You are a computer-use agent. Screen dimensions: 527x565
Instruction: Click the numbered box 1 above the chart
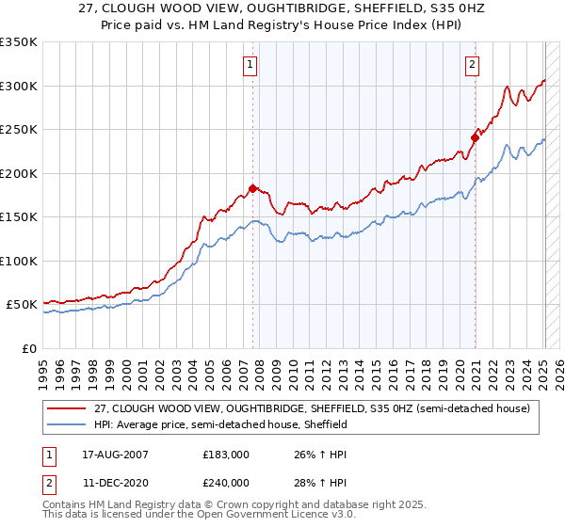(250, 65)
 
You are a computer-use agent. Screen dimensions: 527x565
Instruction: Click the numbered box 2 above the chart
(471, 65)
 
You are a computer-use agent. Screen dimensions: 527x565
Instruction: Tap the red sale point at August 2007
(252, 188)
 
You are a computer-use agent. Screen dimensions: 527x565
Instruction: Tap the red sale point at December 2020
(475, 138)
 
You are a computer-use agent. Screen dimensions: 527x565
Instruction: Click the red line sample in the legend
(67, 408)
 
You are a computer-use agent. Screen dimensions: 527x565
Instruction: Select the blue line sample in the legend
(67, 424)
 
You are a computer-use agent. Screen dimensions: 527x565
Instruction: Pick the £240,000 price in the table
(226, 482)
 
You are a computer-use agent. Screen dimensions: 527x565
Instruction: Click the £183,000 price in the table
(226, 454)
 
